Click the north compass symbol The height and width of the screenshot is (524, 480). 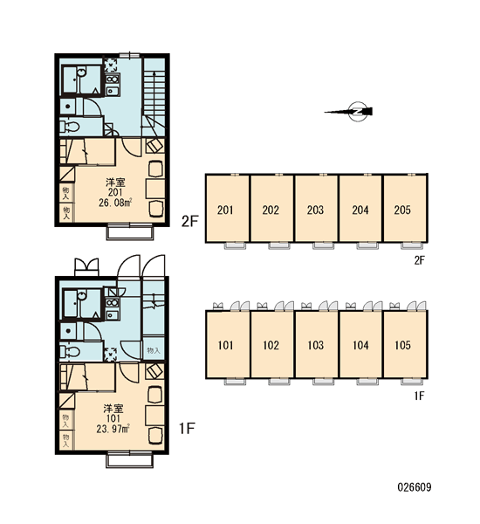[358, 112]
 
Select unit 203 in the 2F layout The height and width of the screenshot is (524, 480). [316, 208]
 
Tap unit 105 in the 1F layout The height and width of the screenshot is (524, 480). [405, 344]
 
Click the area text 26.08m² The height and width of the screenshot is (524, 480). [115, 203]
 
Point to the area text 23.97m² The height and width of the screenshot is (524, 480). [113, 429]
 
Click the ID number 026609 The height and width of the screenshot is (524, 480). [415, 487]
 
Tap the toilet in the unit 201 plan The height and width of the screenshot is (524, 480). [70, 127]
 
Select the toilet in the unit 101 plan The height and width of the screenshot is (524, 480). [70, 352]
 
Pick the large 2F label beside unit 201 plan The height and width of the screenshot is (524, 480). [189, 221]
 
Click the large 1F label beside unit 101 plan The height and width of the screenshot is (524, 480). [187, 429]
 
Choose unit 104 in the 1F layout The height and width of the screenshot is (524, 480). [360, 344]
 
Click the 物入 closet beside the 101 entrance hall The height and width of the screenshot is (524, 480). [154, 350]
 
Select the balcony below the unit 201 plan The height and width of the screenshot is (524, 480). [130, 233]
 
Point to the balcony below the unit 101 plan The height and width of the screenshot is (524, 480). [130, 460]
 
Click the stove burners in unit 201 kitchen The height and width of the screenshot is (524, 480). [113, 79]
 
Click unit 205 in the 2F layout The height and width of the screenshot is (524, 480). [405, 208]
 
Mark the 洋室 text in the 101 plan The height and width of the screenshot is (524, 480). [113, 409]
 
